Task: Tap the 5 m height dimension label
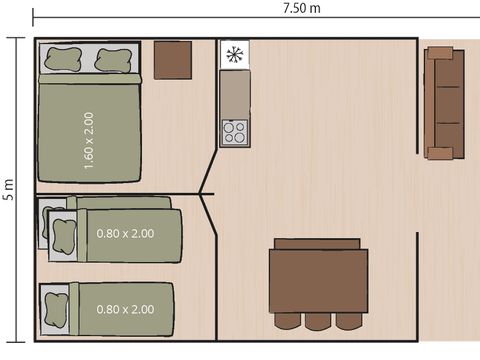[8, 190]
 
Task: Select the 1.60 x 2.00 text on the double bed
[89, 140]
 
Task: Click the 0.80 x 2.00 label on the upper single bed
[125, 234]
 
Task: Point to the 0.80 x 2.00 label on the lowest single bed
[125, 309]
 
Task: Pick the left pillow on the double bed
[62, 60]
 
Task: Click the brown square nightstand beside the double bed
[173, 60]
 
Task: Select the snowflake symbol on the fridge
[235, 55]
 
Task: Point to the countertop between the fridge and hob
[235, 94]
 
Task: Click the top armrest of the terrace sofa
[441, 54]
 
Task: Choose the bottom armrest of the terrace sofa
[441, 153]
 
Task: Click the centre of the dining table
[318, 281]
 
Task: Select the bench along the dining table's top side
[318, 243]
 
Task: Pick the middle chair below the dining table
[318, 322]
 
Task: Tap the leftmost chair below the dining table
[288, 322]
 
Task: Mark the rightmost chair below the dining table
[348, 322]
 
